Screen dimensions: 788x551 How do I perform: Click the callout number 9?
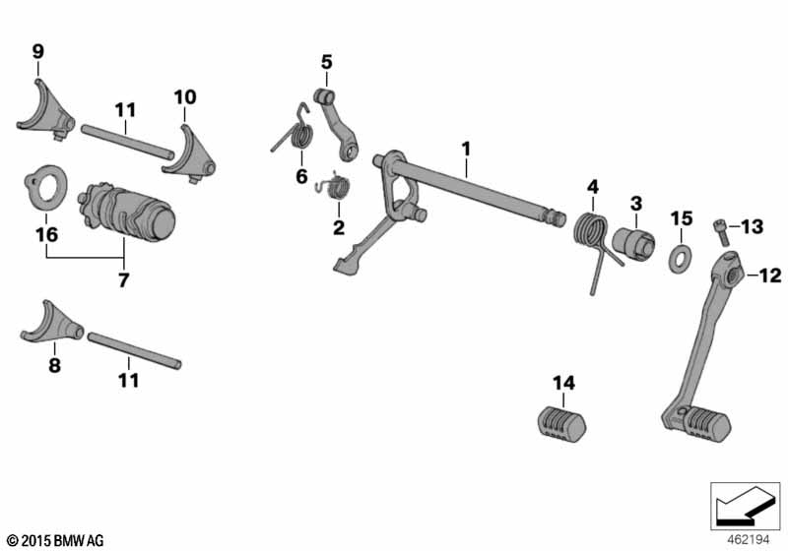38,51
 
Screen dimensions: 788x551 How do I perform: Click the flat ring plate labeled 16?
45,188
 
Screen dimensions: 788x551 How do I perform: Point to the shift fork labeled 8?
53,323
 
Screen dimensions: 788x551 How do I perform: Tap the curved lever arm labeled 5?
337,124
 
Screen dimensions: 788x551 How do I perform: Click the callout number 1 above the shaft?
466,149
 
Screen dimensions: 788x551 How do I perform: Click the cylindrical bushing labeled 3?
633,243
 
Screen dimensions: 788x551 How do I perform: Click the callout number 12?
770,275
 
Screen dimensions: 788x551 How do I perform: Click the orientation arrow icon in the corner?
745,506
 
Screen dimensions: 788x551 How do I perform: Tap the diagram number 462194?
749,540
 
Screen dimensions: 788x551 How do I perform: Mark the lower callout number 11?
129,380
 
